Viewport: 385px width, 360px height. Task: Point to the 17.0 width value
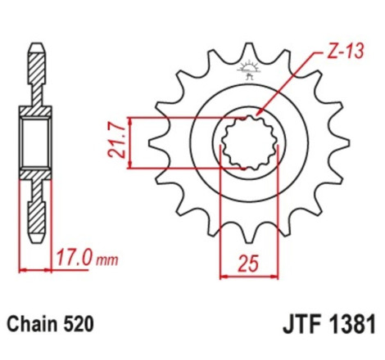pyautogui.click(x=75, y=260)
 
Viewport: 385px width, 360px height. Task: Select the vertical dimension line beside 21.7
pyautogui.click(x=129, y=141)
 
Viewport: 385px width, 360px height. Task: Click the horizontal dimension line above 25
pyautogui.click(x=248, y=251)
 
